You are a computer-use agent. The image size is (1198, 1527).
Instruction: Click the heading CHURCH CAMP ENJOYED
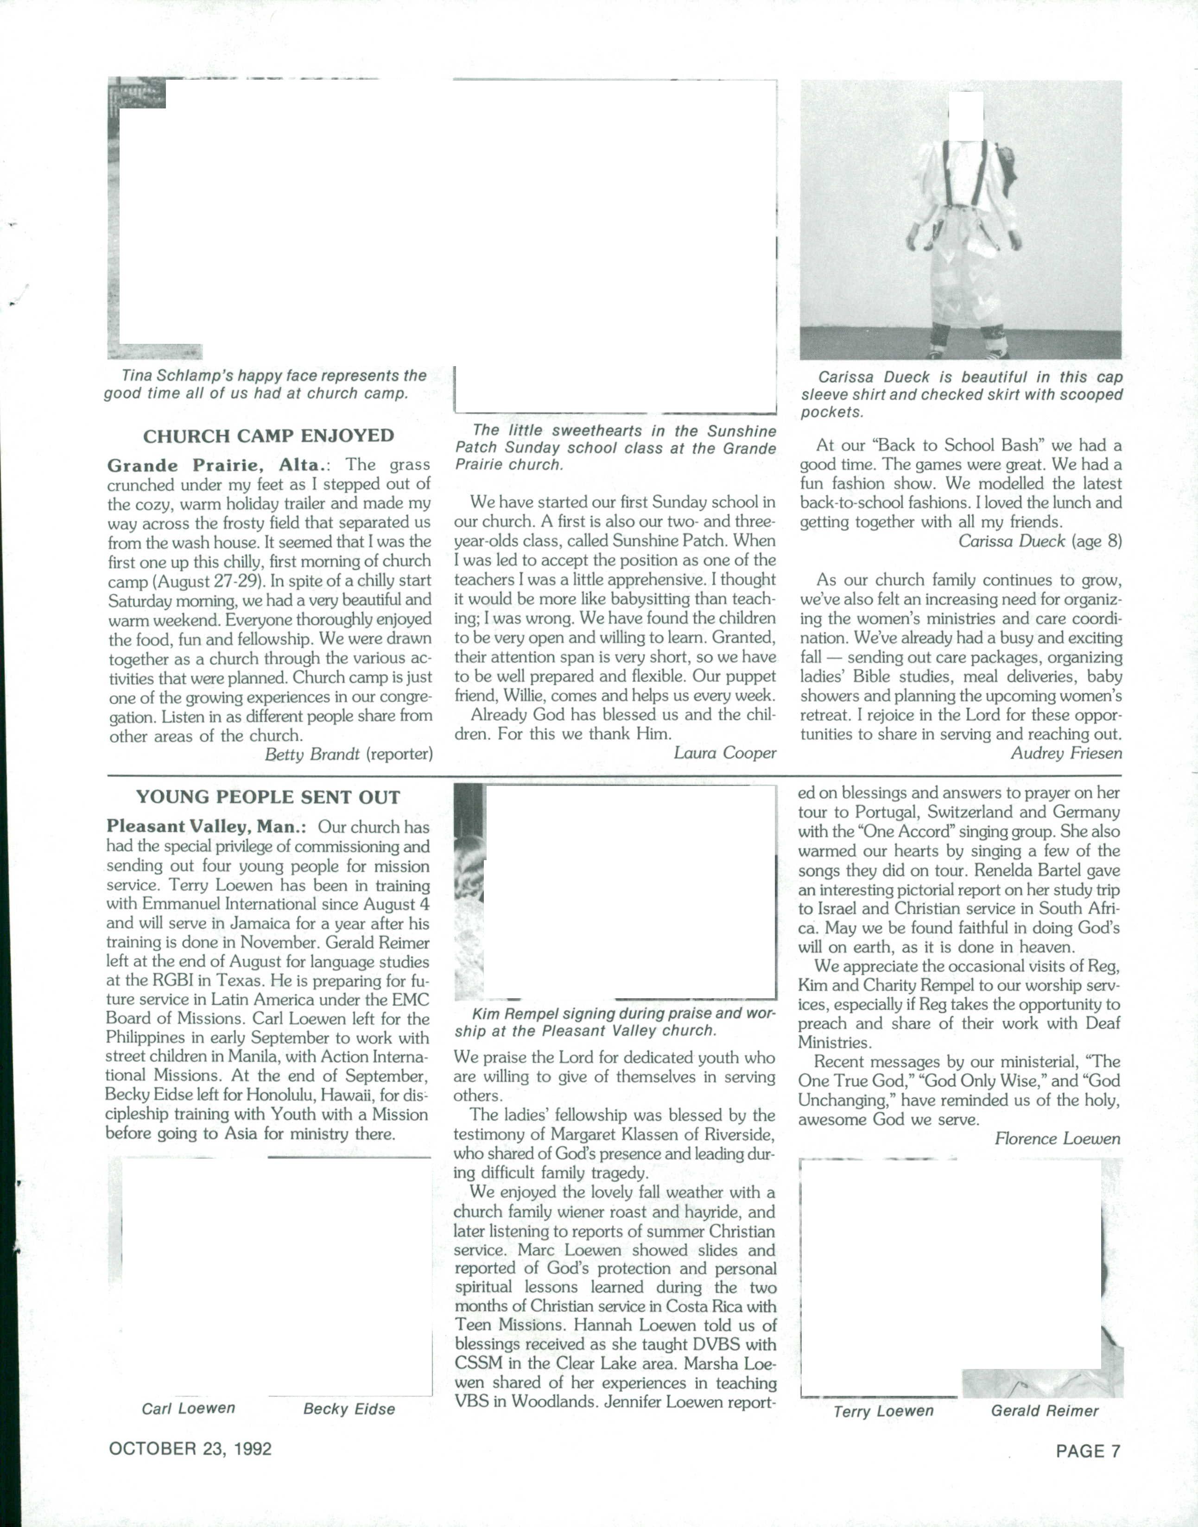269,436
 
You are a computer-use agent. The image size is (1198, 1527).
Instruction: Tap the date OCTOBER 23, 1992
190,1449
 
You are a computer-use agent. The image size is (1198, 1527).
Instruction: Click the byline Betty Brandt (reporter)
349,754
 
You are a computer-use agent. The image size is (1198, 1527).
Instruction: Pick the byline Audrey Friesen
1065,754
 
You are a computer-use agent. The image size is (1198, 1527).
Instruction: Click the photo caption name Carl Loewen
188,1408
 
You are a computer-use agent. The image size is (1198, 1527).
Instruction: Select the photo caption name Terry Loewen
883,1411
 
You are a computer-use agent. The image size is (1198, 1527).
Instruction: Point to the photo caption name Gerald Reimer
1045,1411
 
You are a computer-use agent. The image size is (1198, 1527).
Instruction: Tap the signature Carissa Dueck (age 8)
1040,541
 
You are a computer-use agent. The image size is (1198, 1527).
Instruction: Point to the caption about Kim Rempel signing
615,1022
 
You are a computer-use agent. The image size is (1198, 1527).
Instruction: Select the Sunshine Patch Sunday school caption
615,448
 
